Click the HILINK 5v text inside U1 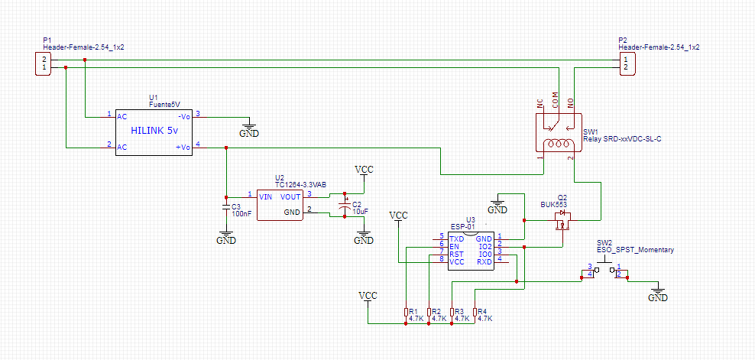(154, 131)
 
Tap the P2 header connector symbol (626, 63)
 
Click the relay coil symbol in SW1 (558, 144)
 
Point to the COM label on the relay (556, 99)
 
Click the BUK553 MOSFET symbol (562, 221)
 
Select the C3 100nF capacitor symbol (226, 207)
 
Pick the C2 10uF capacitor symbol (344, 206)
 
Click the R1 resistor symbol (406, 313)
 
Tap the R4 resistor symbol (475, 313)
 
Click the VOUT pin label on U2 (290, 196)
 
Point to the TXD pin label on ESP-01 (456, 238)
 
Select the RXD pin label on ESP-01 (484, 262)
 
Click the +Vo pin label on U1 (183, 148)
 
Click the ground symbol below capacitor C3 (226, 236)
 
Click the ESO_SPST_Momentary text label (636, 250)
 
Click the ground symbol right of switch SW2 (658, 294)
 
